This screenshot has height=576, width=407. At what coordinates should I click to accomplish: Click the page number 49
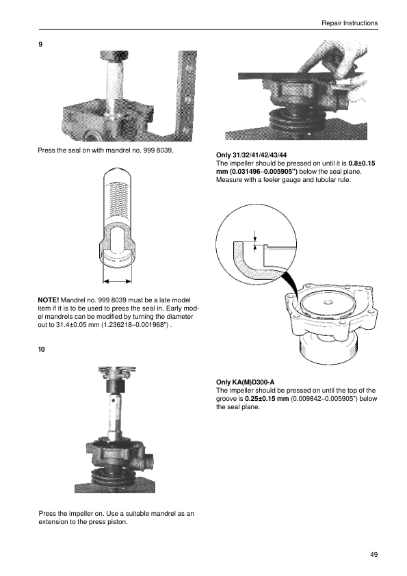pyautogui.click(x=373, y=554)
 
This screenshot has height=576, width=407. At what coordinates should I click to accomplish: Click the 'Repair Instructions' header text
pyautogui.click(x=350, y=23)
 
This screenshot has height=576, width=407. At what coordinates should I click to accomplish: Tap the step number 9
pyautogui.click(x=40, y=44)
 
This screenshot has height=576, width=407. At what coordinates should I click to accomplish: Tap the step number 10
pyautogui.click(x=42, y=350)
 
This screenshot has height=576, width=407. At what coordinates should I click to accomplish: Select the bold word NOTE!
pyautogui.click(x=49, y=300)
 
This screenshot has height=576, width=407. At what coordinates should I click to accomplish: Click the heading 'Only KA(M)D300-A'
pyautogui.click(x=246, y=382)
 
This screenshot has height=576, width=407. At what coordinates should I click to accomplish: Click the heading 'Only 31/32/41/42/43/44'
pyautogui.click(x=251, y=155)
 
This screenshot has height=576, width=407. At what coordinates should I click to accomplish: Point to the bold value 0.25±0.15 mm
pyautogui.click(x=267, y=399)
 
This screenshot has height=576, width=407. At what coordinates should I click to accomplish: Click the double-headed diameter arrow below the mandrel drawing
pyautogui.click(x=117, y=282)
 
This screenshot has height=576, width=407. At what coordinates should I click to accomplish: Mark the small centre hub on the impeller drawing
pyautogui.click(x=328, y=302)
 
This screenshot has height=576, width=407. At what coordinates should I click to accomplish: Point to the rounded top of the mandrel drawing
pyautogui.click(x=117, y=172)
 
